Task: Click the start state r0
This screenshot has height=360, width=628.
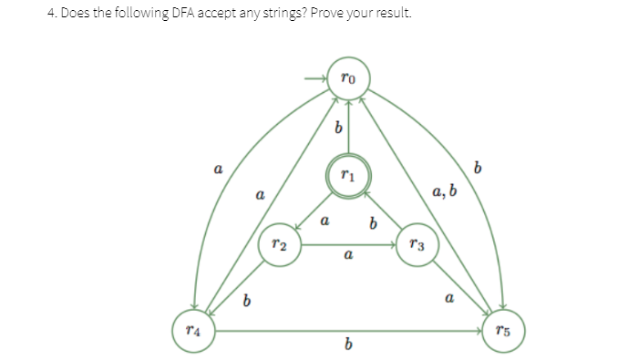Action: [347, 79]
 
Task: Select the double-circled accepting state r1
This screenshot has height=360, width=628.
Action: [347, 177]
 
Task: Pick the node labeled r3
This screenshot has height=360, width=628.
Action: [416, 245]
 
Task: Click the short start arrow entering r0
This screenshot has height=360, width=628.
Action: [316, 79]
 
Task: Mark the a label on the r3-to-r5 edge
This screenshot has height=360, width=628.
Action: [448, 298]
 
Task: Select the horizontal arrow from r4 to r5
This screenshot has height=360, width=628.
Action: [347, 329]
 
